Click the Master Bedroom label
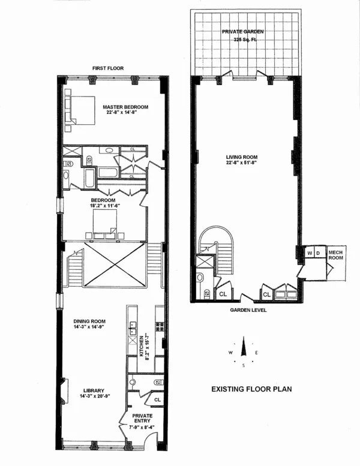(125, 107)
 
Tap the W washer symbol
(310, 253)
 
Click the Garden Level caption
(246, 310)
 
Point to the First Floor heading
(108, 68)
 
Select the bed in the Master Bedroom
(80, 109)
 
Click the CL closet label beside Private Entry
(157, 399)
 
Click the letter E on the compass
(256, 353)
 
